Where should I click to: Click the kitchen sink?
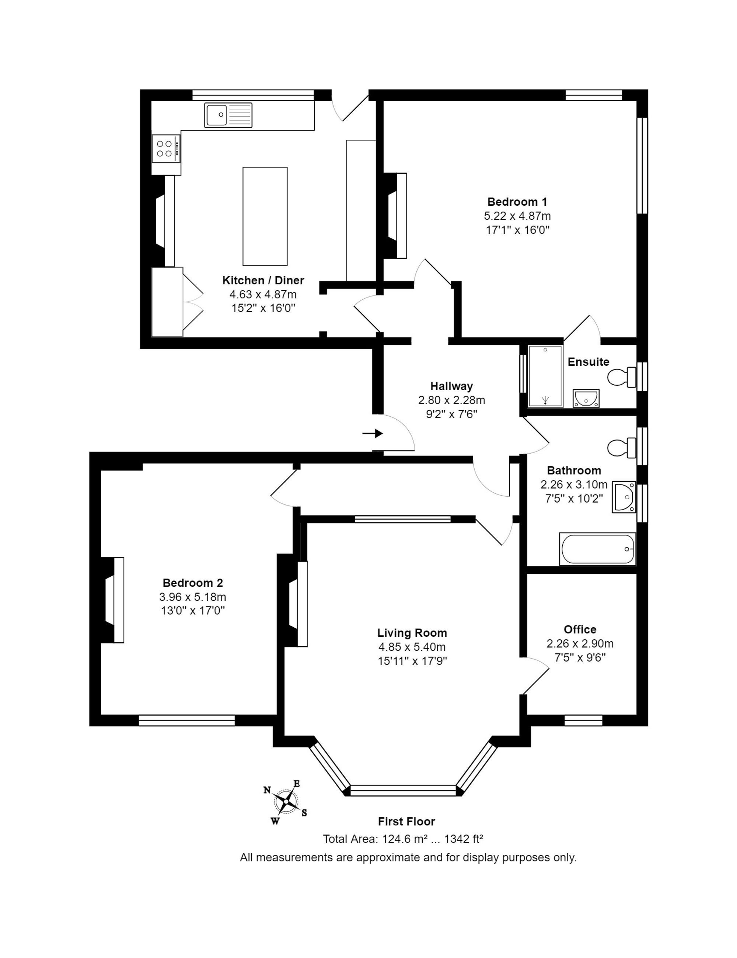click(x=228, y=115)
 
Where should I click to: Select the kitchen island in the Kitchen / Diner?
click(x=265, y=216)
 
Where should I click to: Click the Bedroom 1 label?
click(x=517, y=202)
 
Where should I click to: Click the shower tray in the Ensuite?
click(x=545, y=376)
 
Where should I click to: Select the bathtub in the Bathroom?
click(x=597, y=549)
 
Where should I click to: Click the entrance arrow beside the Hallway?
click(x=372, y=433)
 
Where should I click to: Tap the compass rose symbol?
click(x=286, y=802)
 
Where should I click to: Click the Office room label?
click(x=580, y=629)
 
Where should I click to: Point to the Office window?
click(x=583, y=720)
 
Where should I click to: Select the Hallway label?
click(x=451, y=386)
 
